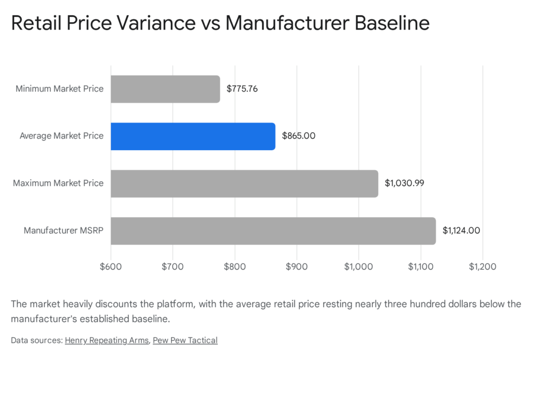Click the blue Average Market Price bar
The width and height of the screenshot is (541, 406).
pos(193,136)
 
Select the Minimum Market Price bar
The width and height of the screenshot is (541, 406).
pos(165,89)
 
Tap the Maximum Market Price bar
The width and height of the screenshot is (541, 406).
pos(244,183)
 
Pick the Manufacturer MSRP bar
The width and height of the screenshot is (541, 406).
pos(273,230)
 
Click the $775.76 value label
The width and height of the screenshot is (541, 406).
pos(242,89)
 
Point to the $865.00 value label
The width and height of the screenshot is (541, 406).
pos(299,136)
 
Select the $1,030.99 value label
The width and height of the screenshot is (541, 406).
pos(404,183)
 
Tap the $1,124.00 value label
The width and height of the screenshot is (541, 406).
pos(461,230)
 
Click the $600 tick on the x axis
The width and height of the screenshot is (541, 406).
pos(110,266)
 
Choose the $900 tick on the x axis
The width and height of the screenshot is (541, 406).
pos(296,266)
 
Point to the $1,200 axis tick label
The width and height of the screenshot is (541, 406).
pos(482,266)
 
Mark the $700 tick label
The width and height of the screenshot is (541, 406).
pos(173,266)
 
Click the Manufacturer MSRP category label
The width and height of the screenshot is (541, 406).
pos(63,230)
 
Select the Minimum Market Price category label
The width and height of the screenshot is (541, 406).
pos(59,89)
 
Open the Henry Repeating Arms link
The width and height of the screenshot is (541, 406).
pos(107,340)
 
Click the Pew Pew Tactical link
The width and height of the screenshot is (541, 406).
pos(185,340)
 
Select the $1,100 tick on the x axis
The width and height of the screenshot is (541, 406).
pos(421,266)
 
